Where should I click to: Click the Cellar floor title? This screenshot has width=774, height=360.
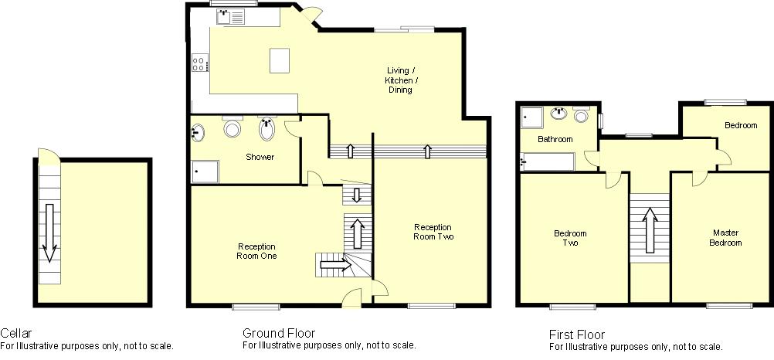[x=15, y=333]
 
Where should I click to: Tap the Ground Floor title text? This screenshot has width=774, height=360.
[x=279, y=333]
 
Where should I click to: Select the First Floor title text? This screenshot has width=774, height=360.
[x=577, y=335]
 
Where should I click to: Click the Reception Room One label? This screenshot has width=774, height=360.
[x=256, y=251]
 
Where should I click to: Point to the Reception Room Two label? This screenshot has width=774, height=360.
[x=433, y=232]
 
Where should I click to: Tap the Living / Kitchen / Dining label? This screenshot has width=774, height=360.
[x=400, y=80]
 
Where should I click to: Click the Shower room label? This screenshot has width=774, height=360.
[x=260, y=157]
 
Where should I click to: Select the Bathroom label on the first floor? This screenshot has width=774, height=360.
[x=555, y=139]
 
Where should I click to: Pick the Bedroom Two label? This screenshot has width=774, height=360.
[x=570, y=238]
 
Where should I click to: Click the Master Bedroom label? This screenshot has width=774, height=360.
[x=725, y=237]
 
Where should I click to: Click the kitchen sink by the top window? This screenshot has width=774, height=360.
[x=230, y=17]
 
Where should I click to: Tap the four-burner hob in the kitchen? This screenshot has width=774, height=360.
[x=200, y=63]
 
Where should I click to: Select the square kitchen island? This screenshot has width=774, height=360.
[x=280, y=61]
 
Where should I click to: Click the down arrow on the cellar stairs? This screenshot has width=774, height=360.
[x=49, y=232]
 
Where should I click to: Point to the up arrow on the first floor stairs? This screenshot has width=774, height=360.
[x=650, y=228]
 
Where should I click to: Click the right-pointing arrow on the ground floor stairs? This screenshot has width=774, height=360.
[x=335, y=265]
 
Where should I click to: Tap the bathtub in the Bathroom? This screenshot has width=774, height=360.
[x=548, y=161]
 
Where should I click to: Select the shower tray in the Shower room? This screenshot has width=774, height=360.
[x=205, y=172]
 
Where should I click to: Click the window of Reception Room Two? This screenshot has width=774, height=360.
[x=432, y=306]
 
